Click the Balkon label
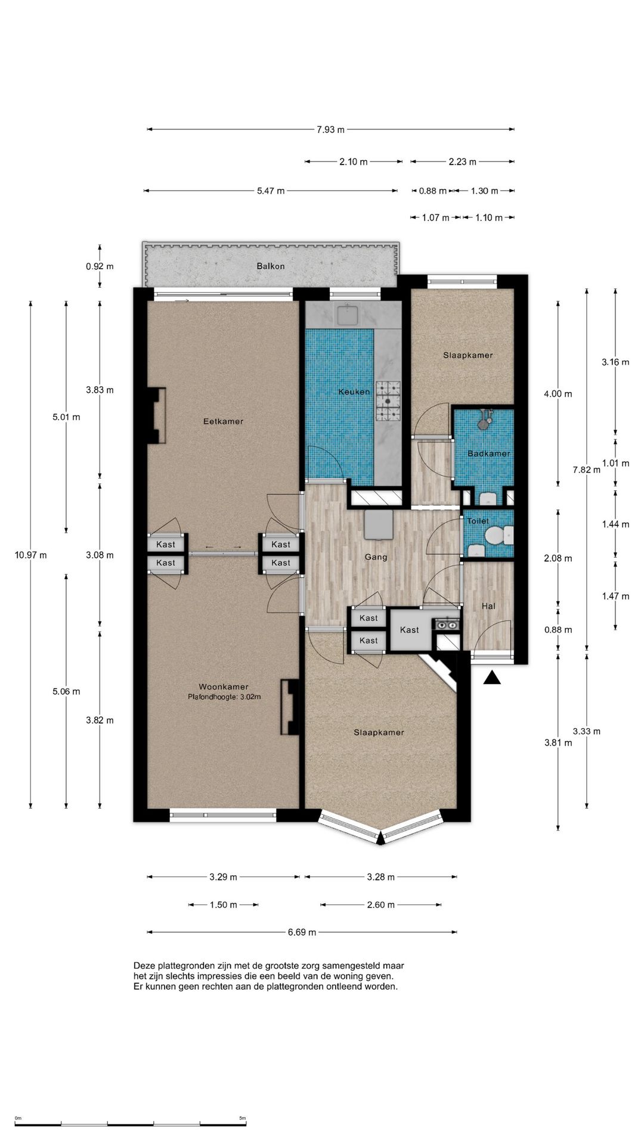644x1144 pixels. click(x=271, y=266)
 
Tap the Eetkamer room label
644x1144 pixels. click(x=223, y=421)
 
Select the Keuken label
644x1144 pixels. click(x=354, y=391)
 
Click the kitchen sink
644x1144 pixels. click(x=346, y=315)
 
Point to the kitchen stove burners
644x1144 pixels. click(x=388, y=401)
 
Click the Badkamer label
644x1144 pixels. click(x=489, y=453)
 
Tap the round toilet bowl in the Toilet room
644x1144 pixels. click(x=494, y=536)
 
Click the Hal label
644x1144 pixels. click(x=488, y=606)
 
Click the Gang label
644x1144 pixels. click(x=376, y=557)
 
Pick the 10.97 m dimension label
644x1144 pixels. click(x=30, y=555)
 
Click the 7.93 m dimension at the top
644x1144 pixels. click(x=330, y=129)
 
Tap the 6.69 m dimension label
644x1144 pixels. click(x=302, y=932)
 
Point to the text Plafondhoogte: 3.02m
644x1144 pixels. click(x=224, y=697)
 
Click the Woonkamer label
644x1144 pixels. click(x=224, y=686)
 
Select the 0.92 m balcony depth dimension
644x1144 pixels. click(x=100, y=266)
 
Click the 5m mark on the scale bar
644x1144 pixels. click(x=242, y=1118)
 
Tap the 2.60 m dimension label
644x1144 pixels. click(x=380, y=904)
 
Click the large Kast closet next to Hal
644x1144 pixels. click(x=410, y=630)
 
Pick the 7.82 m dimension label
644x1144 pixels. click(x=587, y=470)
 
